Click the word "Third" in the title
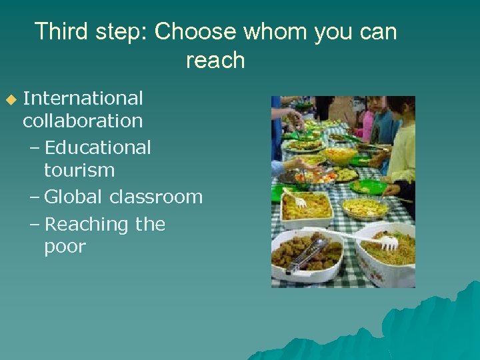[62, 31]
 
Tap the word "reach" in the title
[215, 61]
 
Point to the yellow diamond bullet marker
[10, 99]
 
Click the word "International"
[83, 98]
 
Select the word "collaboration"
[83, 121]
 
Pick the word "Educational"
[98, 147]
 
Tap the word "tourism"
[79, 171]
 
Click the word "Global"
[73, 197]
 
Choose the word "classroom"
[156, 197]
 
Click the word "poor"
[65, 247]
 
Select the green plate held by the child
[367, 187]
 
